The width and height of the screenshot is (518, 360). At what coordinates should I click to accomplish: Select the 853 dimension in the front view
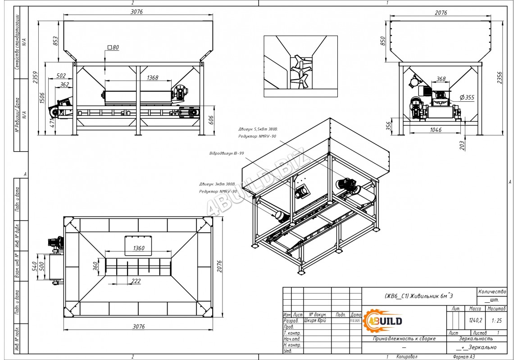tap(56, 41)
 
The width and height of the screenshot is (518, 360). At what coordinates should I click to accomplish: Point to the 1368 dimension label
tap(153, 78)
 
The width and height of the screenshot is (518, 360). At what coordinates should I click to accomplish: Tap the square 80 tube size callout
tap(113, 47)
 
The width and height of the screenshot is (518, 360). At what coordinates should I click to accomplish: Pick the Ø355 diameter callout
tap(467, 97)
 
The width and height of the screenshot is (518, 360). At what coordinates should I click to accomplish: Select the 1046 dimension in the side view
tap(436, 130)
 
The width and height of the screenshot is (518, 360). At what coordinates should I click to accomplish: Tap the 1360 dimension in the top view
tap(139, 248)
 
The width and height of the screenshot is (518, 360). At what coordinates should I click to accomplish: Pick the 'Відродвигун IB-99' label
tap(227, 153)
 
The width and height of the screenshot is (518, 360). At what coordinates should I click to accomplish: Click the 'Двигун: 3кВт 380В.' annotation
tap(218, 184)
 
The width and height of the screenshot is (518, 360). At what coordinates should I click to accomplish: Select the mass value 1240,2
tap(475, 321)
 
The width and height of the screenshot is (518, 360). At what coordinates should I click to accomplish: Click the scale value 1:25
tap(497, 321)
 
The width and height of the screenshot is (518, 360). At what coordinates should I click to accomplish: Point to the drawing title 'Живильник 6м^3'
tap(419, 296)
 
